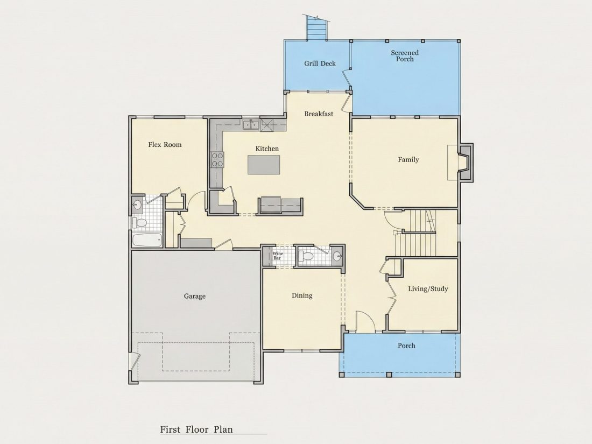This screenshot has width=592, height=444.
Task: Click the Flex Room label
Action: point(165,145)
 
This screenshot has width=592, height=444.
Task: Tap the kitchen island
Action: point(264,165)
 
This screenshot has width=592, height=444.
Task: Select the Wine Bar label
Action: point(278,256)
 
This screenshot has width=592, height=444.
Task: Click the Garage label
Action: point(195,296)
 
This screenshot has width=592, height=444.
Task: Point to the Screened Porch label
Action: point(405,56)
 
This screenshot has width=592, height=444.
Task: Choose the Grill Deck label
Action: point(320,64)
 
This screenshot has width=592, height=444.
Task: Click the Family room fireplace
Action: point(465,163)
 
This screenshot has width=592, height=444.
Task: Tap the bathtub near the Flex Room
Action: point(147,239)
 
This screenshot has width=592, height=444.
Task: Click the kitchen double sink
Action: point(251,124)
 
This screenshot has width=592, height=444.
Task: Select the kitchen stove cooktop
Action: point(217,159)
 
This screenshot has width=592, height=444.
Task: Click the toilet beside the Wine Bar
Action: point(306,257)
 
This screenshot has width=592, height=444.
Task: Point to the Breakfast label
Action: point(319,114)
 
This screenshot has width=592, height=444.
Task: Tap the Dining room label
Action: point(302,295)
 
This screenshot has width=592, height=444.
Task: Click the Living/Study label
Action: point(428,289)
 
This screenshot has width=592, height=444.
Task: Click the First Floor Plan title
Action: point(196,429)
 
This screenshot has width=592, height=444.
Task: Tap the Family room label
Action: point(408,160)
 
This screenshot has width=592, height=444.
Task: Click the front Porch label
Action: point(406,346)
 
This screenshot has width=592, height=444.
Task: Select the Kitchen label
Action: point(267,149)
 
